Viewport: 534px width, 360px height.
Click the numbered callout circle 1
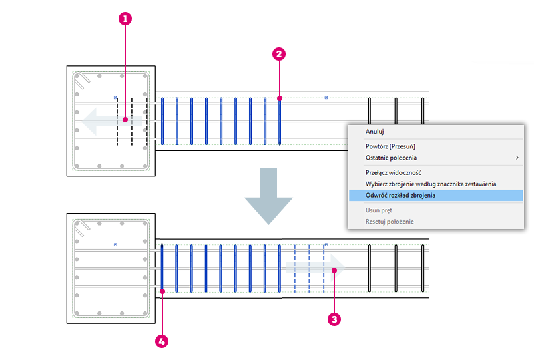(125, 19)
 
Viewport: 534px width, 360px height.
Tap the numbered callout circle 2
(279, 54)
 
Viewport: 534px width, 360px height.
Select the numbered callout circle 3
(334, 319)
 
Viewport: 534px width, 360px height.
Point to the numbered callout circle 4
(162, 341)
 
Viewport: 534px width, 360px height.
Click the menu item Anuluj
(374, 132)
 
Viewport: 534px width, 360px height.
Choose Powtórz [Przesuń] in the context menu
(390, 146)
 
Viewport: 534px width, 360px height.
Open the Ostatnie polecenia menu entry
(391, 158)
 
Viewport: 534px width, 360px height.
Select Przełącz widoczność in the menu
(393, 173)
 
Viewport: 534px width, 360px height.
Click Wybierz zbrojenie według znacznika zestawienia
(431, 184)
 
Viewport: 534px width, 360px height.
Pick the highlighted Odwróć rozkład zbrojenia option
(400, 195)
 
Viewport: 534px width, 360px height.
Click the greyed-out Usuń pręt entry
(378, 210)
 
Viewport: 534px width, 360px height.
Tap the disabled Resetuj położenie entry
(390, 222)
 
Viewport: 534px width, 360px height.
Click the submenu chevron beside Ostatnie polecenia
(517, 158)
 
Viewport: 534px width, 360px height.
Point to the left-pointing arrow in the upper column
(111, 121)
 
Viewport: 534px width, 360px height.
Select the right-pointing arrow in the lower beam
(315, 268)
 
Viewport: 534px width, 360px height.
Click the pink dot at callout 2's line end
(280, 98)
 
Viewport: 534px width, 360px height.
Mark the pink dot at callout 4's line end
(162, 291)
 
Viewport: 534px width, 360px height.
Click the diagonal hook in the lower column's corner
(82, 228)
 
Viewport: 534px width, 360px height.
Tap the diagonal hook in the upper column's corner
(82, 81)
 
